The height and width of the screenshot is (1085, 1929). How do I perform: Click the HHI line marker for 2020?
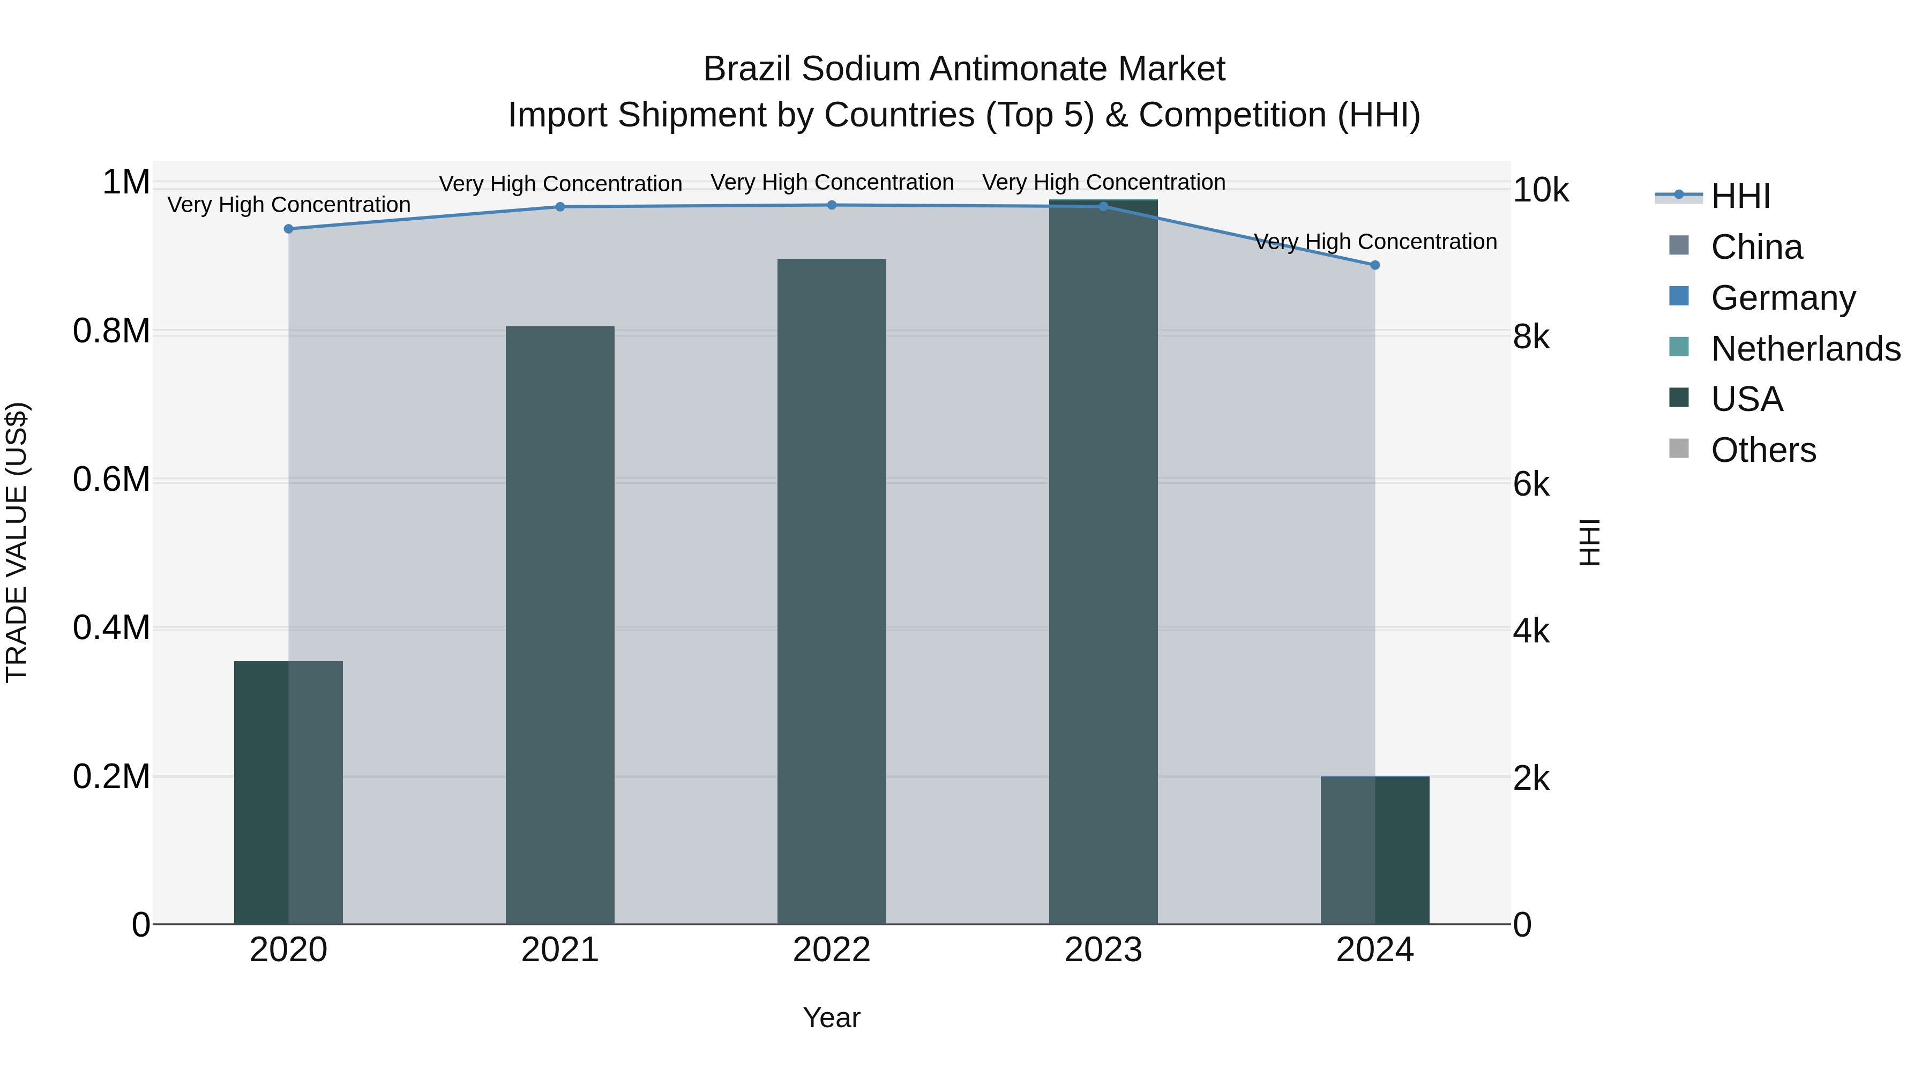(x=288, y=228)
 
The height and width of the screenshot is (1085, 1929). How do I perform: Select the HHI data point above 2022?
(x=831, y=205)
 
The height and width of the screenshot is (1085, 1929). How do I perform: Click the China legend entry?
(x=1756, y=247)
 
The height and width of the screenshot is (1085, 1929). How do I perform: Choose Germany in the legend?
(x=1783, y=298)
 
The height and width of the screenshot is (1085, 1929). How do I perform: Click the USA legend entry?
(x=1746, y=399)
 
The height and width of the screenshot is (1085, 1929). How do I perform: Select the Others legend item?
(x=1763, y=450)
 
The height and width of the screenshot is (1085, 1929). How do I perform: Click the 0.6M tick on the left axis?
(x=111, y=479)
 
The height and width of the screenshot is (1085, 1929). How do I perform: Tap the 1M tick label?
(x=126, y=183)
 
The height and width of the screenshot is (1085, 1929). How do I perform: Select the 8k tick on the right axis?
(x=1531, y=337)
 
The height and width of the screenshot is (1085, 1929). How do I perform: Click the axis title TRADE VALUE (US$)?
(x=17, y=542)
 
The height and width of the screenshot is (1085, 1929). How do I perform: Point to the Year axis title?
(x=831, y=1017)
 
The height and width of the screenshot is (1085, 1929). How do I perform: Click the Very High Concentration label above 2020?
(x=288, y=205)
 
